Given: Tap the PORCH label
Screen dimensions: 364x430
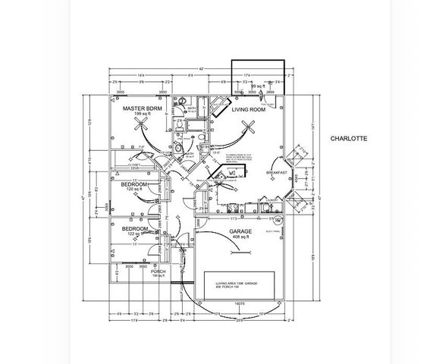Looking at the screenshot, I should coord(158,271).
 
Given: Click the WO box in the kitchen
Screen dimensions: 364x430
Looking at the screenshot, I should coord(231,173).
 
